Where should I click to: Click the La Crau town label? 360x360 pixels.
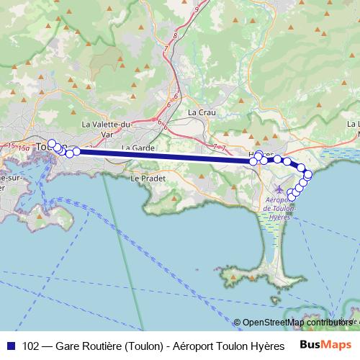pyautogui.click(x=202, y=112)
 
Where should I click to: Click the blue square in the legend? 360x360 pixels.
pyautogui.click(x=10, y=345)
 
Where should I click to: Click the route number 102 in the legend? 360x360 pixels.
pyautogui.click(x=31, y=345)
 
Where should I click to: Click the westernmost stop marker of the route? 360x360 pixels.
pyautogui.click(x=52, y=143)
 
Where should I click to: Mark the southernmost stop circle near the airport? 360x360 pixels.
pyautogui.click(x=291, y=193)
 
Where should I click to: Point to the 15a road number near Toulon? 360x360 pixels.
pyautogui.click(x=24, y=148)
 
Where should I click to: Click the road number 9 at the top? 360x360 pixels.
pyautogui.click(x=196, y=8)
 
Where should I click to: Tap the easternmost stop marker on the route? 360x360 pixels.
pyautogui.click(x=308, y=174)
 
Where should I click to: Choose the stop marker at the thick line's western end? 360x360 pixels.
pyautogui.click(x=76, y=151)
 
